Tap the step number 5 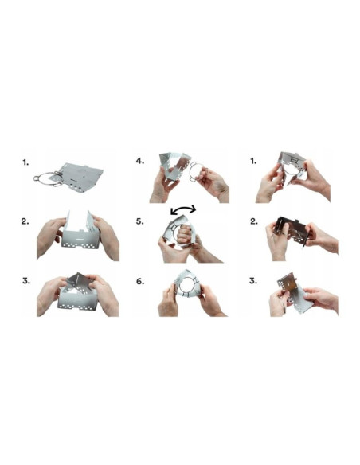coord(140,221)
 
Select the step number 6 coord(140,281)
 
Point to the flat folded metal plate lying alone coord(81,174)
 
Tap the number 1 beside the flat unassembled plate coord(26,161)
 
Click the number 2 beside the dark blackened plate coord(252,221)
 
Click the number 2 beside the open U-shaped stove coord(26,221)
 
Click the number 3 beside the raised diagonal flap coord(26,281)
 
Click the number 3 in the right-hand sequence coord(252,281)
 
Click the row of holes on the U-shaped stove coord(79,242)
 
